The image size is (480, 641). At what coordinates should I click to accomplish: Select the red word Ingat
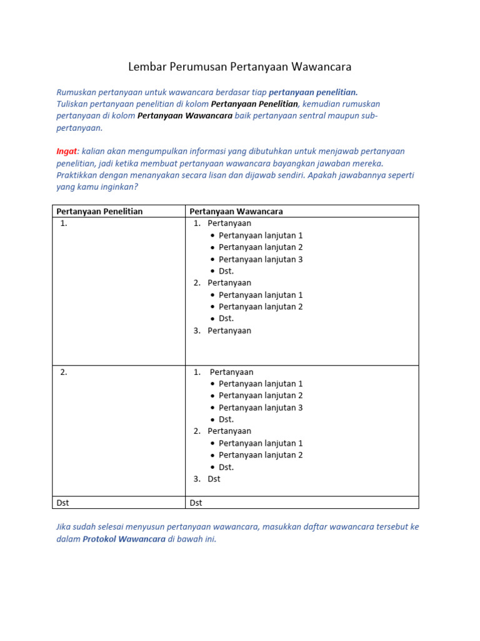[x=66, y=151]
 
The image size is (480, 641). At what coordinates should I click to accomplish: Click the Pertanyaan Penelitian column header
[x=100, y=212]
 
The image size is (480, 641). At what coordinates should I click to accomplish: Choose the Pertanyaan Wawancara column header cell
[x=236, y=212]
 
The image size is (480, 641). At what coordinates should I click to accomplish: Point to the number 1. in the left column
[x=64, y=223]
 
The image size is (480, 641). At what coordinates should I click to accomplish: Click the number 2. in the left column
[x=64, y=372]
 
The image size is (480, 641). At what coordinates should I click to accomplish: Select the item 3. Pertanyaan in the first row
[x=222, y=331]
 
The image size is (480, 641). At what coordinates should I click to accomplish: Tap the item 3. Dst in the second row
[x=207, y=479]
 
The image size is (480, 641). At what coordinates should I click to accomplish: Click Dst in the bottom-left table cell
[x=63, y=503]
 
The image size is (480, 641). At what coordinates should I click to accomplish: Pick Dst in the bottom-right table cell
[x=196, y=503]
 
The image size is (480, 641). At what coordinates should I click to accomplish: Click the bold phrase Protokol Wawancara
[x=124, y=539]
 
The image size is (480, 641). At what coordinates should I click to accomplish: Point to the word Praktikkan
[x=77, y=175]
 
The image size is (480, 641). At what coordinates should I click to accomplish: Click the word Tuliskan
[x=74, y=104]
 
